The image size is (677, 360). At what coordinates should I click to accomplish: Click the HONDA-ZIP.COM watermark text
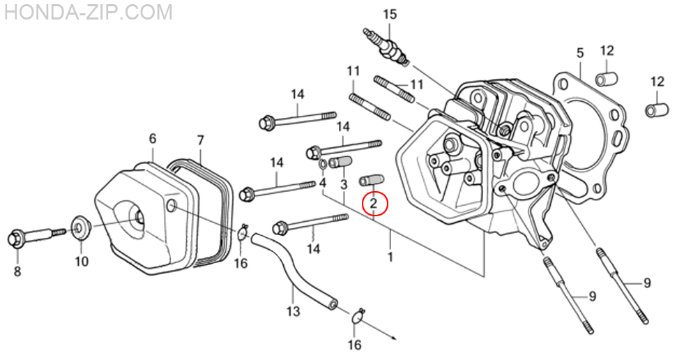click(86, 12)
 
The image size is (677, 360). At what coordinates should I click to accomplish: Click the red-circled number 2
click(374, 203)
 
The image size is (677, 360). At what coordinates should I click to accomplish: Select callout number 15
click(389, 14)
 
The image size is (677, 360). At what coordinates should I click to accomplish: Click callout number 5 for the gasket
click(579, 52)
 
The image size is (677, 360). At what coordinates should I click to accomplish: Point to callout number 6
click(153, 139)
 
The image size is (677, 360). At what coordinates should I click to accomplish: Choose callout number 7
click(200, 140)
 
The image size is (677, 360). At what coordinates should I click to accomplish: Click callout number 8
click(17, 270)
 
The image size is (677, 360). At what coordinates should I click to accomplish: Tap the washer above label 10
click(81, 227)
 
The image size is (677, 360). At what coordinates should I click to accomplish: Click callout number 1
click(390, 257)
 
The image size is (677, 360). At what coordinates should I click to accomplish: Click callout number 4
click(323, 183)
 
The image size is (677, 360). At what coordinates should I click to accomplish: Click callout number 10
click(82, 262)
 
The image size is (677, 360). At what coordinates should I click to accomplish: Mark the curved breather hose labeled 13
click(292, 269)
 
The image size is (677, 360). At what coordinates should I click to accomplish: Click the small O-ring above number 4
click(324, 165)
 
